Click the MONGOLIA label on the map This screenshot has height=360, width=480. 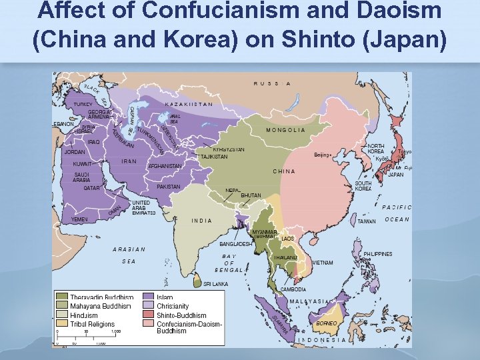[285, 130]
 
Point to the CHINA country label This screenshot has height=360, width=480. [283, 171]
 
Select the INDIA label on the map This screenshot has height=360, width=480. [201, 220]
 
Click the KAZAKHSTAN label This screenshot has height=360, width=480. [189, 104]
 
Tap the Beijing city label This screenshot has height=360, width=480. [321, 155]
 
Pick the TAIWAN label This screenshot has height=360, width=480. [367, 221]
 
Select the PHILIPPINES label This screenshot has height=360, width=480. [377, 254]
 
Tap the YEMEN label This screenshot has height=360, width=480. [79, 219]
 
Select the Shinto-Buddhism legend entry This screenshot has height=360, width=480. [181, 315]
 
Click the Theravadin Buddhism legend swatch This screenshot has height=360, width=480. [62, 297]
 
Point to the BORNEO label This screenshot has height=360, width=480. [325, 323]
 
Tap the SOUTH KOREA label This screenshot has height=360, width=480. [363, 185]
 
